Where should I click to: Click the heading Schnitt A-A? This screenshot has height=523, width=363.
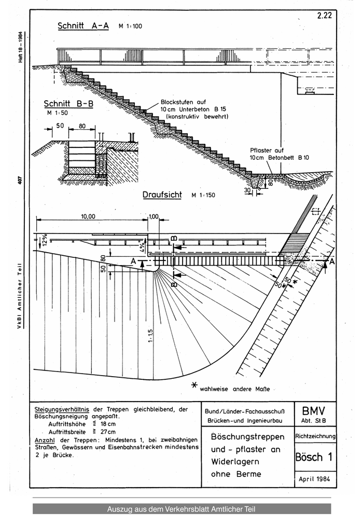point(83,26)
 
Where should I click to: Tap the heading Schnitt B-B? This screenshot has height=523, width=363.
point(68,103)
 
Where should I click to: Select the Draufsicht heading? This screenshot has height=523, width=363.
point(162,195)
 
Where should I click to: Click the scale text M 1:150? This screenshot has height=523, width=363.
point(203,196)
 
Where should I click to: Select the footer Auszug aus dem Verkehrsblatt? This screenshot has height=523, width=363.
point(181,509)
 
